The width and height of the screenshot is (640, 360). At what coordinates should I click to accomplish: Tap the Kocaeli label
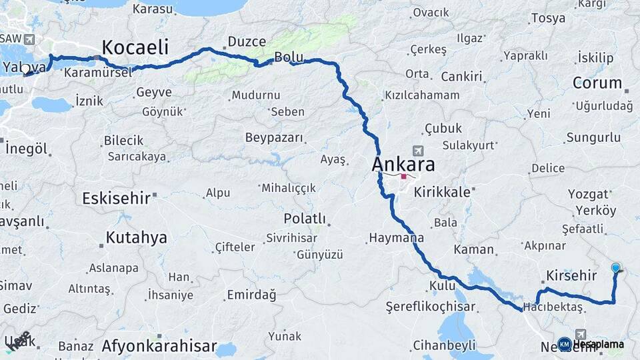coord(135,47)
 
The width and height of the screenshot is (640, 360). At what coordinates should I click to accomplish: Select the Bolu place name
coord(289,58)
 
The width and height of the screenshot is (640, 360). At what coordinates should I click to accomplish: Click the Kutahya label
coord(136,237)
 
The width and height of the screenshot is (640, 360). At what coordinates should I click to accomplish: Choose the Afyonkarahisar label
coord(159,346)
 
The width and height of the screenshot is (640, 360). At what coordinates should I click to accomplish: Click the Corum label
coord(597,84)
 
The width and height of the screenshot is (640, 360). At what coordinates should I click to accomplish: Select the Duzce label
coord(247,41)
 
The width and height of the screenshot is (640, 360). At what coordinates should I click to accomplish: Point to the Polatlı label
coord(304,219)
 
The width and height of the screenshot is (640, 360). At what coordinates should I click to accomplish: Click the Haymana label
coord(396,237)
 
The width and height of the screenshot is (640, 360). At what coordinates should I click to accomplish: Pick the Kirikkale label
coord(441,192)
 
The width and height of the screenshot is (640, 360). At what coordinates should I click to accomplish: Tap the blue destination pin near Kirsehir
coord(615,268)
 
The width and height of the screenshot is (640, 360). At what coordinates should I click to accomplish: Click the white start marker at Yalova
coord(25,68)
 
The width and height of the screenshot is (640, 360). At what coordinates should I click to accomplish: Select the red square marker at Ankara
coord(403,177)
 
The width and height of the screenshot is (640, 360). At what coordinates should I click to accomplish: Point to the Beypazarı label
coord(274,138)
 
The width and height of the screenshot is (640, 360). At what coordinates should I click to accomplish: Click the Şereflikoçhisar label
coord(430,307)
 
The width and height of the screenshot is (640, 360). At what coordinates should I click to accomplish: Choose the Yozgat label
coord(588,194)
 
